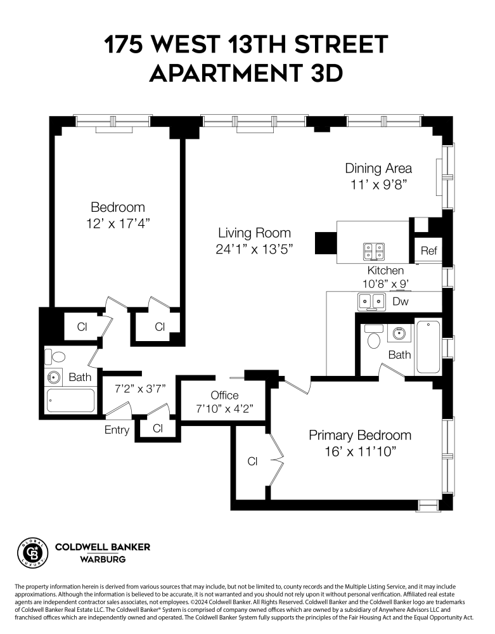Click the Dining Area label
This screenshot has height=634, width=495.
[x=378, y=168]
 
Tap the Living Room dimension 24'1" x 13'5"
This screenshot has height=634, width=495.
[x=254, y=249]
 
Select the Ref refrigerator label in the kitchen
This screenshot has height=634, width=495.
[x=429, y=251]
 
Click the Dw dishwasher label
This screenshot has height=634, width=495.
[x=400, y=302]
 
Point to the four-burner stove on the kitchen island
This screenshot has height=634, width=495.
[x=370, y=252]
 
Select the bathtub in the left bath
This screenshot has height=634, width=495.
[x=71, y=401]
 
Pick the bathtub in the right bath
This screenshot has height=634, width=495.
[x=428, y=347]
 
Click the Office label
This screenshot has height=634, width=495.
[x=224, y=396]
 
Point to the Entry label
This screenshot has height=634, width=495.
[x=117, y=430]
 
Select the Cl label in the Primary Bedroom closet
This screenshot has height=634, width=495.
[x=252, y=462]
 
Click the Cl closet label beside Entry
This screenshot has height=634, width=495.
[x=158, y=429]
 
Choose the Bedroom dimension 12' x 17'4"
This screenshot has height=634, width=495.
[x=117, y=223]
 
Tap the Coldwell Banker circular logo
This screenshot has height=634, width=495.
[x=32, y=552]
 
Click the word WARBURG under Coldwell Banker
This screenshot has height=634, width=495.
[x=102, y=560]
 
